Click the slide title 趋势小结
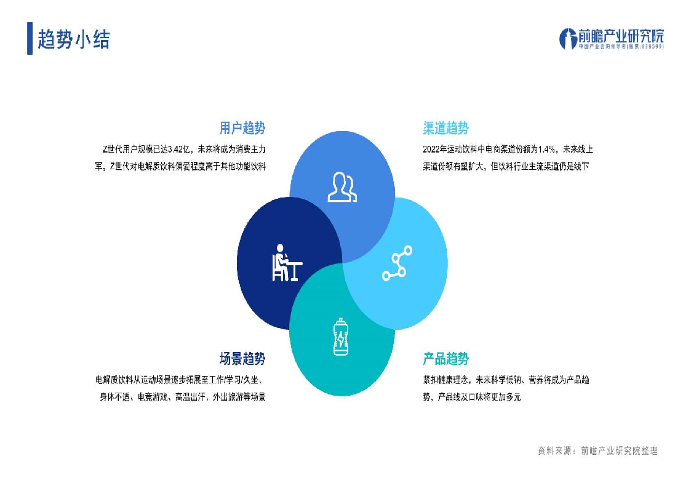74,39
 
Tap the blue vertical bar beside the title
30,38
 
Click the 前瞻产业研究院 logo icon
568,38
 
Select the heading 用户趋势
242,128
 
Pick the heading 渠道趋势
445,128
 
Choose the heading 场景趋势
242,358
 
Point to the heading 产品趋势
445,358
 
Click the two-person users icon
342,187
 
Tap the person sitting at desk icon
287,263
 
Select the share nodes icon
397,263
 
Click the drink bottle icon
341,337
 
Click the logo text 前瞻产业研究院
621,36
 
